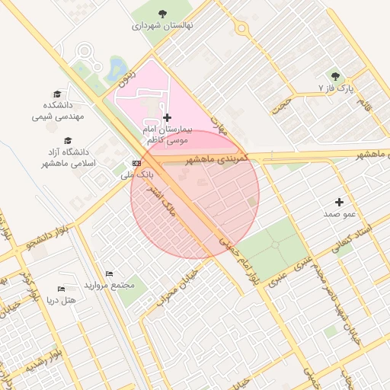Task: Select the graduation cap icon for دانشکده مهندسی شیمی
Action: pyautogui.click(x=56, y=94)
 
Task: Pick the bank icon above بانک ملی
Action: pyautogui.click(x=136, y=163)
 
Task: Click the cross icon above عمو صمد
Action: pyautogui.click(x=339, y=202)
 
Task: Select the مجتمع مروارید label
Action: pyautogui.click(x=111, y=285)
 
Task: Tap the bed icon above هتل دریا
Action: pyautogui.click(x=61, y=289)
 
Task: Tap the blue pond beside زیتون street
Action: pyautogui.click(x=118, y=67)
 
